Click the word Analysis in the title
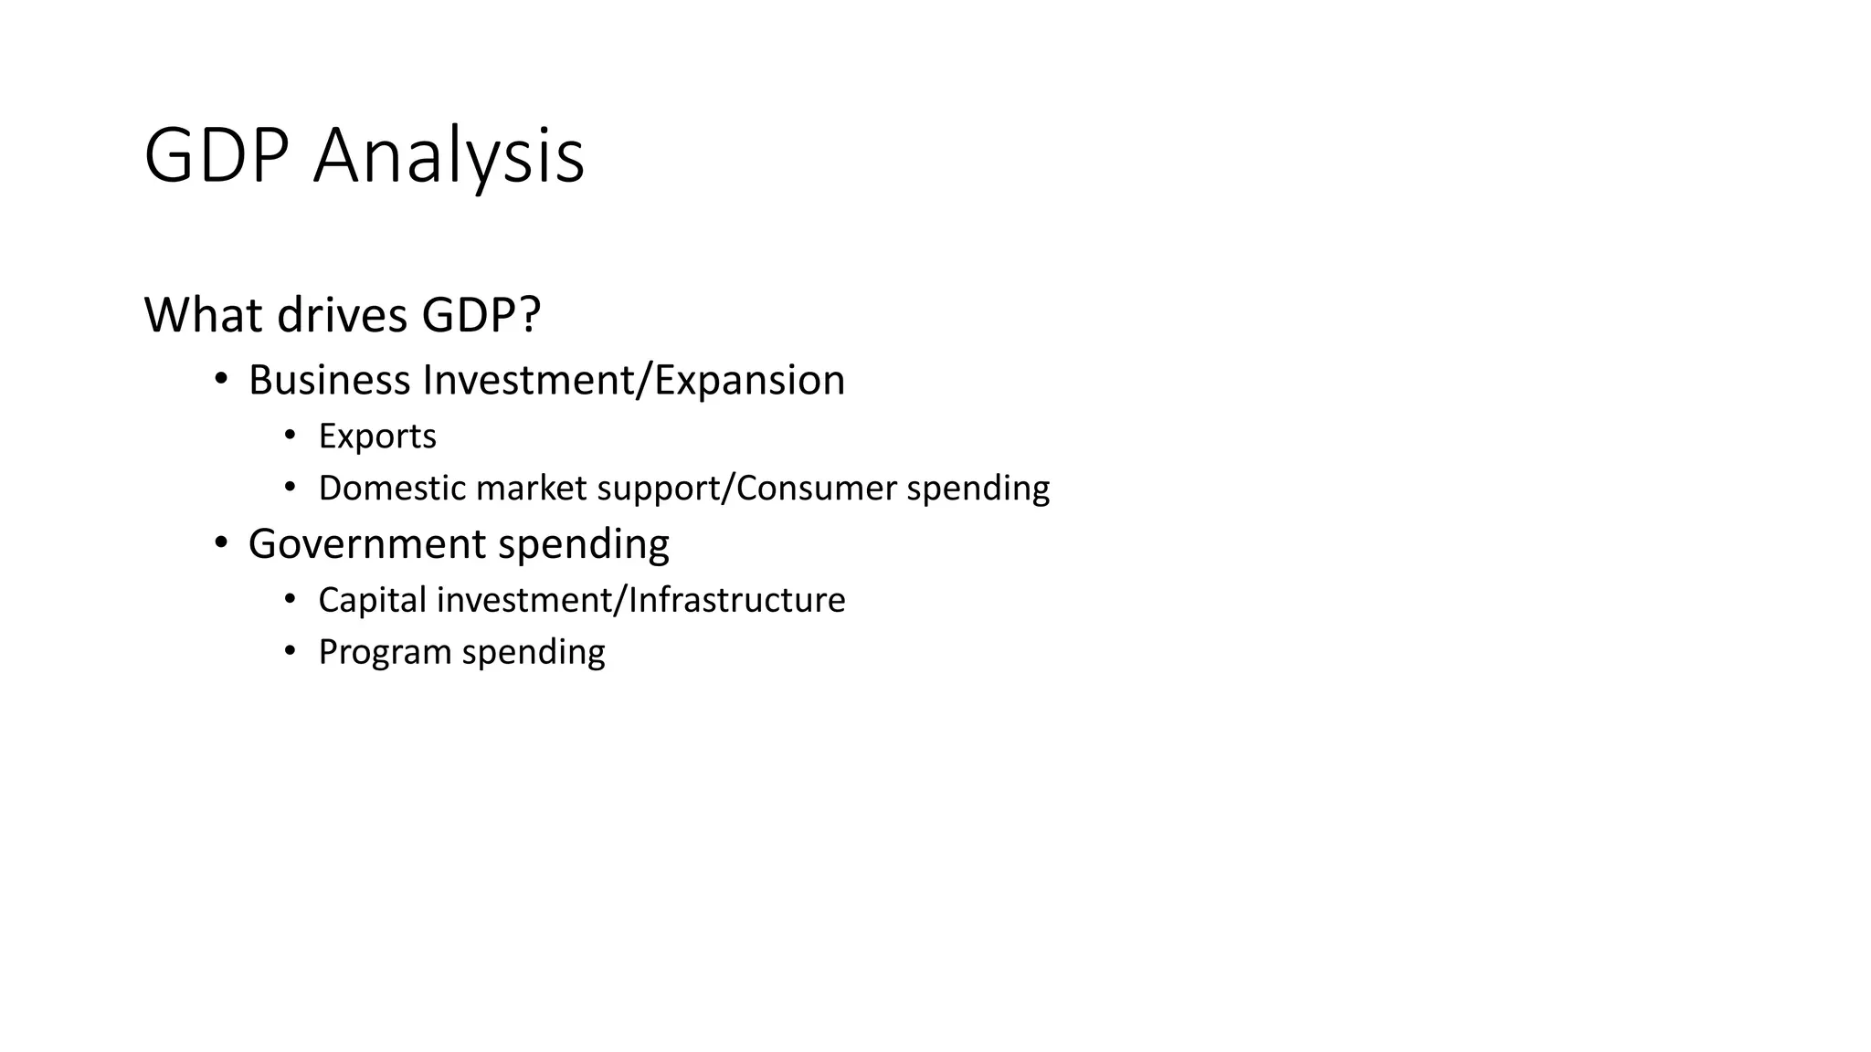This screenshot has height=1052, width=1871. pyautogui.click(x=448, y=156)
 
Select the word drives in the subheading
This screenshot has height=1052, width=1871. pyautogui.click(x=341, y=315)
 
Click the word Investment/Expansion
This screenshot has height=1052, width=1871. pyautogui.click(x=633, y=380)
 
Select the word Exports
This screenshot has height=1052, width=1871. pyautogui.click(x=377, y=437)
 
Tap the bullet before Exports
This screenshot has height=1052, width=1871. pyautogui.click(x=290, y=436)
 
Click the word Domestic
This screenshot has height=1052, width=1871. pyautogui.click(x=392, y=488)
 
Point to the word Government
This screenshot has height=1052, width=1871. pyautogui.click(x=367, y=543)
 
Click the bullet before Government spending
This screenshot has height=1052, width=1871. pyautogui.click(x=220, y=542)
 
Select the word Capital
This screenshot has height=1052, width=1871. pyautogui.click(x=372, y=600)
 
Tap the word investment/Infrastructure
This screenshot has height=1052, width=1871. pyautogui.click(x=640, y=600)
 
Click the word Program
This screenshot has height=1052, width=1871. pyautogui.click(x=385, y=652)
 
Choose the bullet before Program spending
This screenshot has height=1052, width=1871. pyautogui.click(x=290, y=651)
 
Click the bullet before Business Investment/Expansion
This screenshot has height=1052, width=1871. pyautogui.click(x=220, y=379)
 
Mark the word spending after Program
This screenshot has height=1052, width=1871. pyautogui.click(x=534, y=652)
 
